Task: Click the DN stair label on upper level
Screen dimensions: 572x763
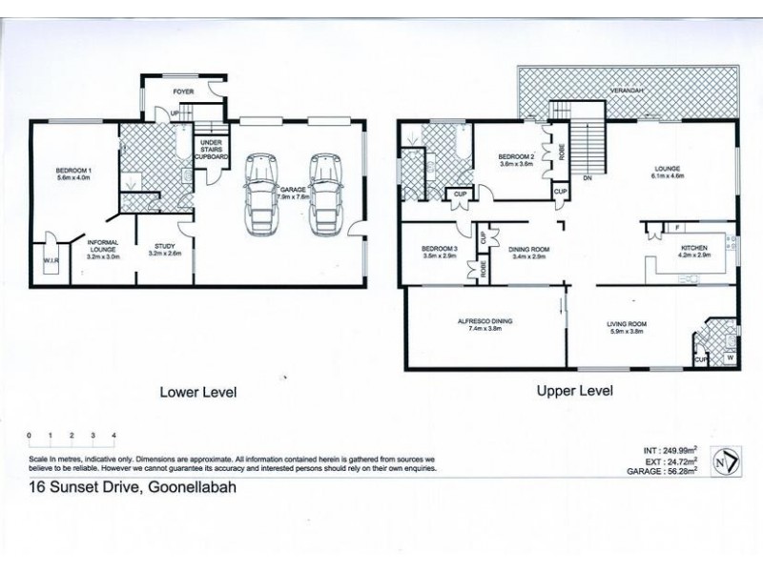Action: click(587, 177)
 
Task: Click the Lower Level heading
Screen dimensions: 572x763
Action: click(197, 391)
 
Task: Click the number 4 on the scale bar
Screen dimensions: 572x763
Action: click(114, 435)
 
